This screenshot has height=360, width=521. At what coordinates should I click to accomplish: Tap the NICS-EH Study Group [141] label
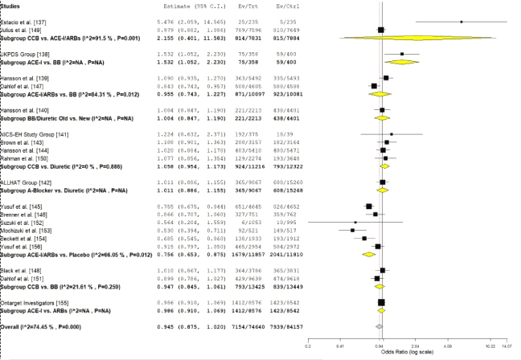[x=31, y=134]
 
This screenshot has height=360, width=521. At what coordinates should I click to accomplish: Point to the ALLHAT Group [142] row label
[x=25, y=182]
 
